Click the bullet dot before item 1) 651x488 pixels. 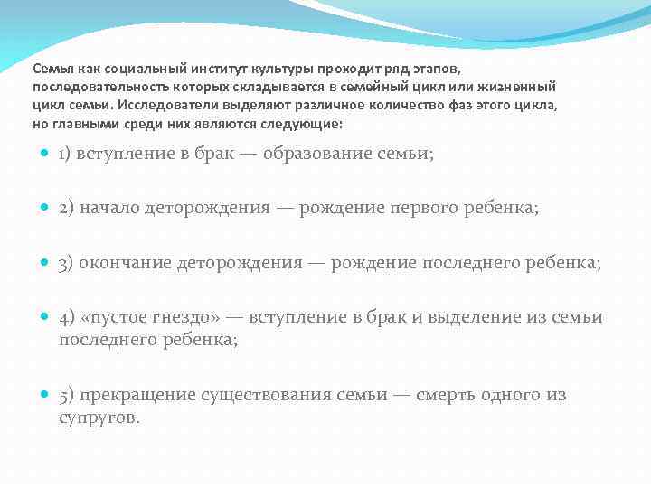pos(46,154)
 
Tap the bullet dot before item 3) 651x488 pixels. pos(46,263)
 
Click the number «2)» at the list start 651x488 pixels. pos(66,209)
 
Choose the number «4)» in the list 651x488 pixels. pos(66,317)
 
